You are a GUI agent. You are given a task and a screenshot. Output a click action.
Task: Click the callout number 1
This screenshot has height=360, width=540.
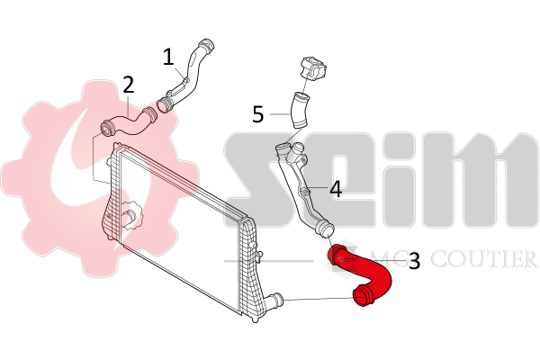coord(168,57)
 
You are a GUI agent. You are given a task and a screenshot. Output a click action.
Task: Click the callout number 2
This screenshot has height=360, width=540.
coord(129,85)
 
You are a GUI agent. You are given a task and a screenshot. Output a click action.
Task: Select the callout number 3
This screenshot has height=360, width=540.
coord(414,261)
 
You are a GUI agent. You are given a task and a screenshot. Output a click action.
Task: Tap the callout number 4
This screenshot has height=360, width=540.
coord(335,189)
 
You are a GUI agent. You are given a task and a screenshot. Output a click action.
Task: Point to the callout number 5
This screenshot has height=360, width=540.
coord(258,114)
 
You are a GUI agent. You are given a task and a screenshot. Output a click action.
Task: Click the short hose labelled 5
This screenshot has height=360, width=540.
coord(298,106)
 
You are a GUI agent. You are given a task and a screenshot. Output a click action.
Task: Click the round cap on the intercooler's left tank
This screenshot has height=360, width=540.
coord(133,215)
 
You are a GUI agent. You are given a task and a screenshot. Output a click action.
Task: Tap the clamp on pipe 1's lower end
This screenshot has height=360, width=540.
coord(166,104)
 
